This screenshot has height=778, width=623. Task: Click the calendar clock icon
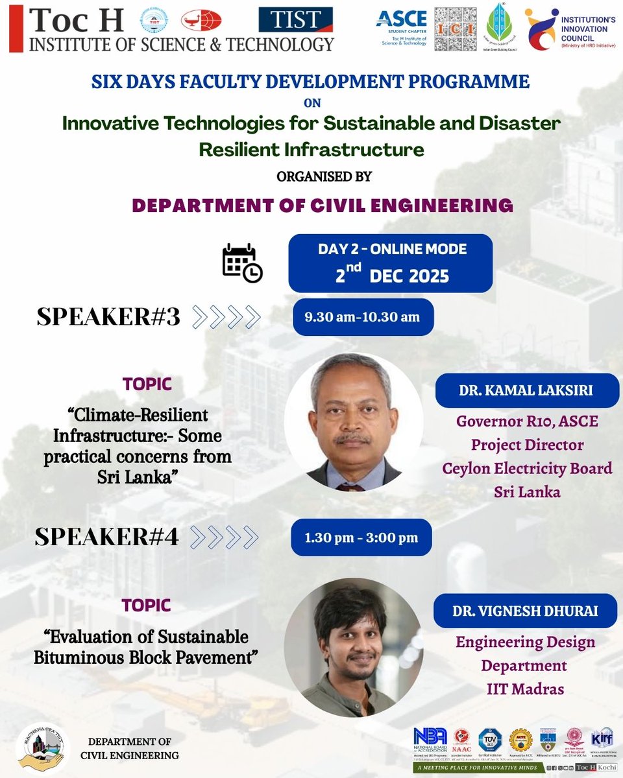242,264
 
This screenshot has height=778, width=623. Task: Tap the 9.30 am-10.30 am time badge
363,317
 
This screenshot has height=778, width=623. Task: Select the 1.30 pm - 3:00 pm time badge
361,537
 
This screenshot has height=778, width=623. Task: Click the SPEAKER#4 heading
106,537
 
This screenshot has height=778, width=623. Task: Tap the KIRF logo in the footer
598,738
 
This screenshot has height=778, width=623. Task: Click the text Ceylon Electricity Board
526,468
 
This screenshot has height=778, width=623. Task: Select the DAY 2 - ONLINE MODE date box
390,263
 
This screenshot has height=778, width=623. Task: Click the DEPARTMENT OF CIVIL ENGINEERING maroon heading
323,206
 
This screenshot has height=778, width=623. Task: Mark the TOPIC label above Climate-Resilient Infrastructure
147,384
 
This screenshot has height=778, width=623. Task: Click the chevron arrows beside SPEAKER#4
225,537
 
